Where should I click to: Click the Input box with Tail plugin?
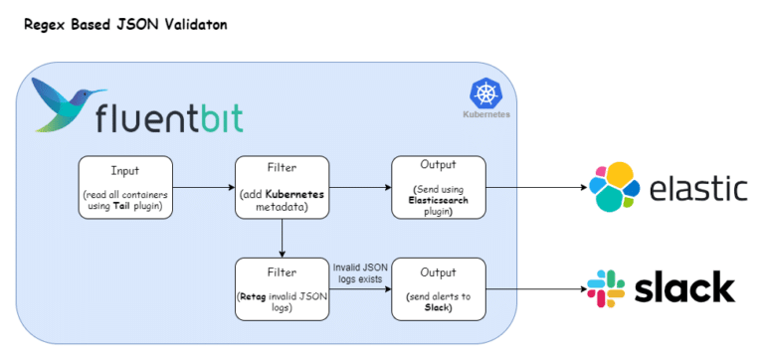(125, 186)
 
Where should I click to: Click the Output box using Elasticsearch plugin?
(438, 186)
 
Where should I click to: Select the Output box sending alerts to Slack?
(438, 287)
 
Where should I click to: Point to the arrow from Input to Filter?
(203, 186)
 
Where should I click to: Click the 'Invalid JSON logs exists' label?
(360, 272)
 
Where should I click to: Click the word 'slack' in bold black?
(686, 289)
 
